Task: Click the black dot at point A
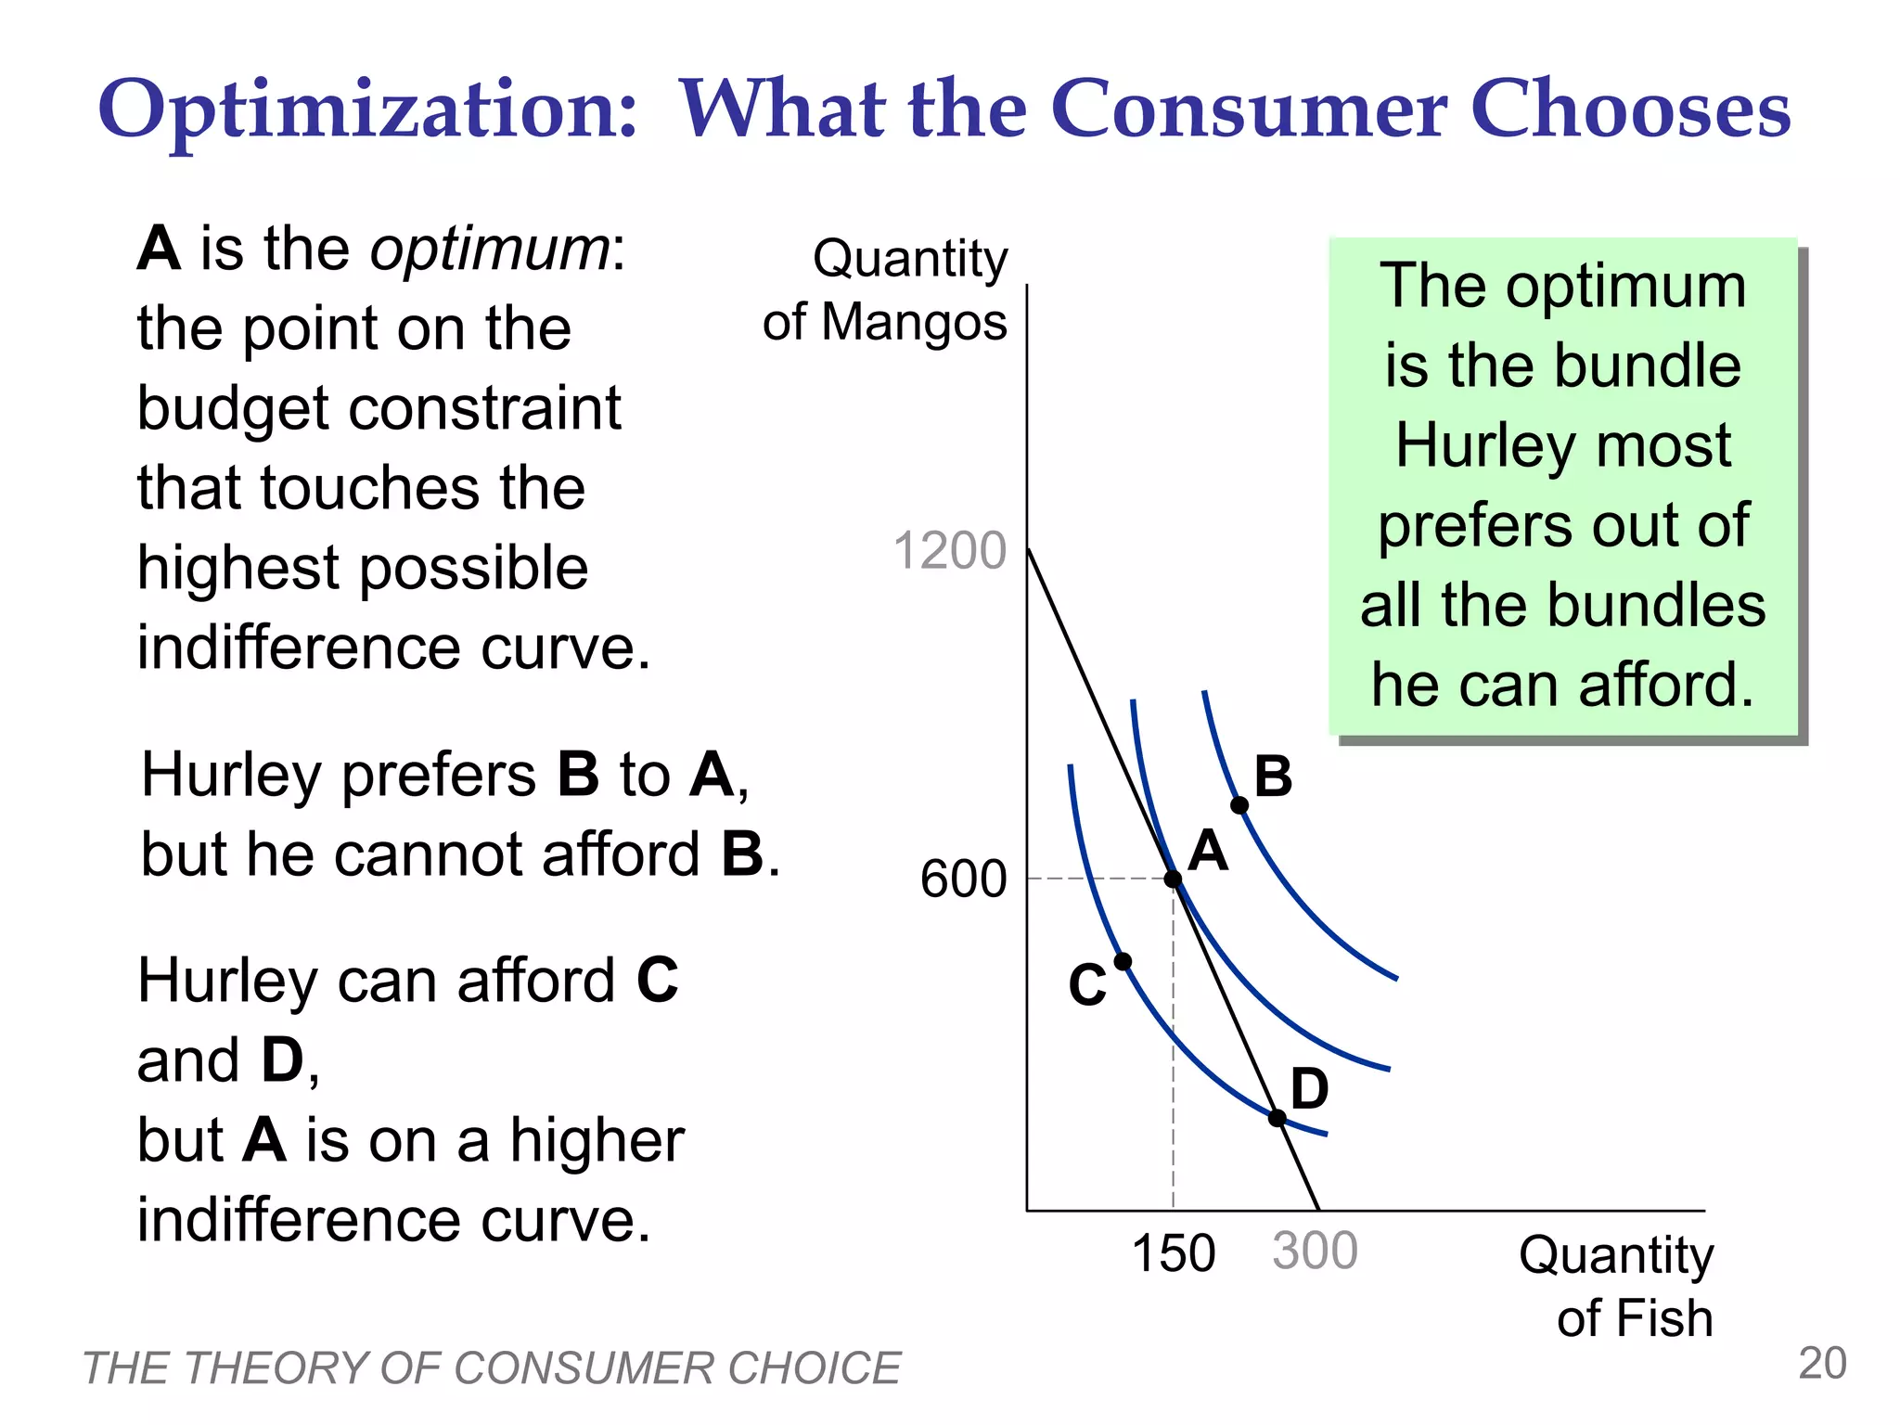[1173, 879]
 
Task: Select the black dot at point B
[1239, 804]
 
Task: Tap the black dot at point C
[1123, 961]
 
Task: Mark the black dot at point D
[1277, 1118]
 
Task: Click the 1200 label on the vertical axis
[949, 550]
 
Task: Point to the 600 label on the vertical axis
[963, 878]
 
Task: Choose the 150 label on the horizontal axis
[1174, 1253]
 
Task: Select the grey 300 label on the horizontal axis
[1315, 1252]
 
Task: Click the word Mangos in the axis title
[913, 323]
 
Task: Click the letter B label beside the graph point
[1273, 777]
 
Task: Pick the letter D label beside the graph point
[1309, 1088]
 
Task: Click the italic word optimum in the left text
[490, 250]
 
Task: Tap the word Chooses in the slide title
[1630, 109]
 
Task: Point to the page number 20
[1822, 1363]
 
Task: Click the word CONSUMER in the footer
[581, 1368]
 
